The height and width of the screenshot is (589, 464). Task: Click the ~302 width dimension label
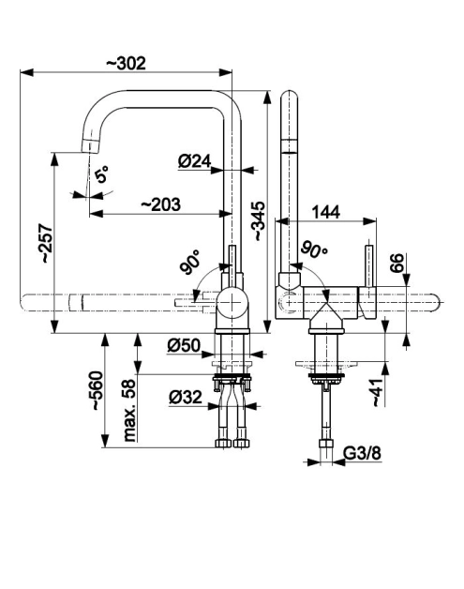pos(126,64)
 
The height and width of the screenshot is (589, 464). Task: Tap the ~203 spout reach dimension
pos(160,204)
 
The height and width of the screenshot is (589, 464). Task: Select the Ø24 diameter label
pos(194,161)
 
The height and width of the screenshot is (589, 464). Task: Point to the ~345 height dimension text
pos(259,221)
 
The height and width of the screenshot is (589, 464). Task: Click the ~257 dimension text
pos(47,244)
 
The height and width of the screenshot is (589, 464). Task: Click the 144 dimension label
pos(326,212)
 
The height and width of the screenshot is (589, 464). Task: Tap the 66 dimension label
pos(397,263)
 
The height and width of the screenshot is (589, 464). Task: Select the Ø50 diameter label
pos(184,345)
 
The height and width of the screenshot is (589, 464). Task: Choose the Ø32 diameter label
pos(186,397)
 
